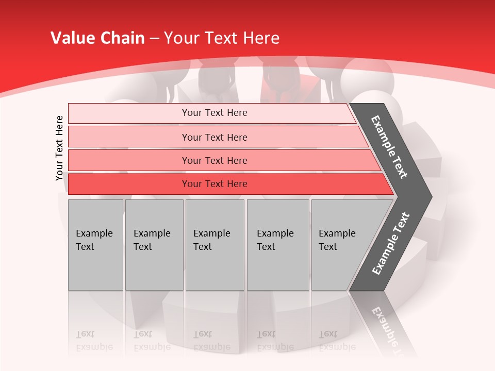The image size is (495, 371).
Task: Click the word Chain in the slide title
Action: point(122,38)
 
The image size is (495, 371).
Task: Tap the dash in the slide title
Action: point(155,39)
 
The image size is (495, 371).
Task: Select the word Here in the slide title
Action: point(260,38)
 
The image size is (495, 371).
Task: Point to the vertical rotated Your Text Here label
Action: point(59,148)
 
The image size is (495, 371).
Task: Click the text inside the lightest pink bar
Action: point(214,113)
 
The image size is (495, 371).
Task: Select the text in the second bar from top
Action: point(214,137)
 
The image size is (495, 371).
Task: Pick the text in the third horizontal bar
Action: point(214,161)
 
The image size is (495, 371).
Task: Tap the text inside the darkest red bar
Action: point(214,184)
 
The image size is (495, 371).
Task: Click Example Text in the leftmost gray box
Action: point(94,240)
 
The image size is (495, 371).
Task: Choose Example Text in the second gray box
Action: point(152,240)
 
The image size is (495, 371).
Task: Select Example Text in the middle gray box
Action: point(211,240)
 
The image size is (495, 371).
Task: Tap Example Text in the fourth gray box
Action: point(275,240)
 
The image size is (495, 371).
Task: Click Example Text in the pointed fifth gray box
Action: point(337,240)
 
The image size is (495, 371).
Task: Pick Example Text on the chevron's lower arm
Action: point(390,244)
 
